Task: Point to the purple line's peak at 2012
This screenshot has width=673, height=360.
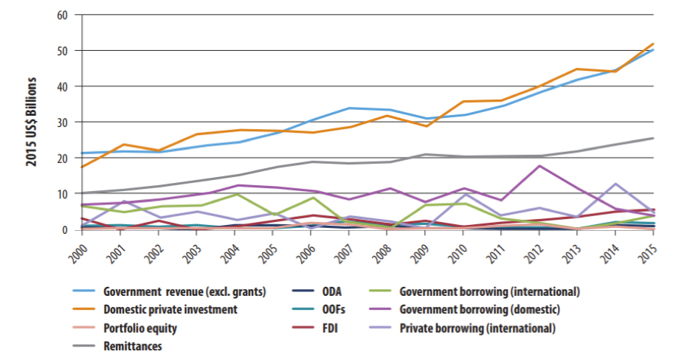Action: pyautogui.click(x=540, y=165)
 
